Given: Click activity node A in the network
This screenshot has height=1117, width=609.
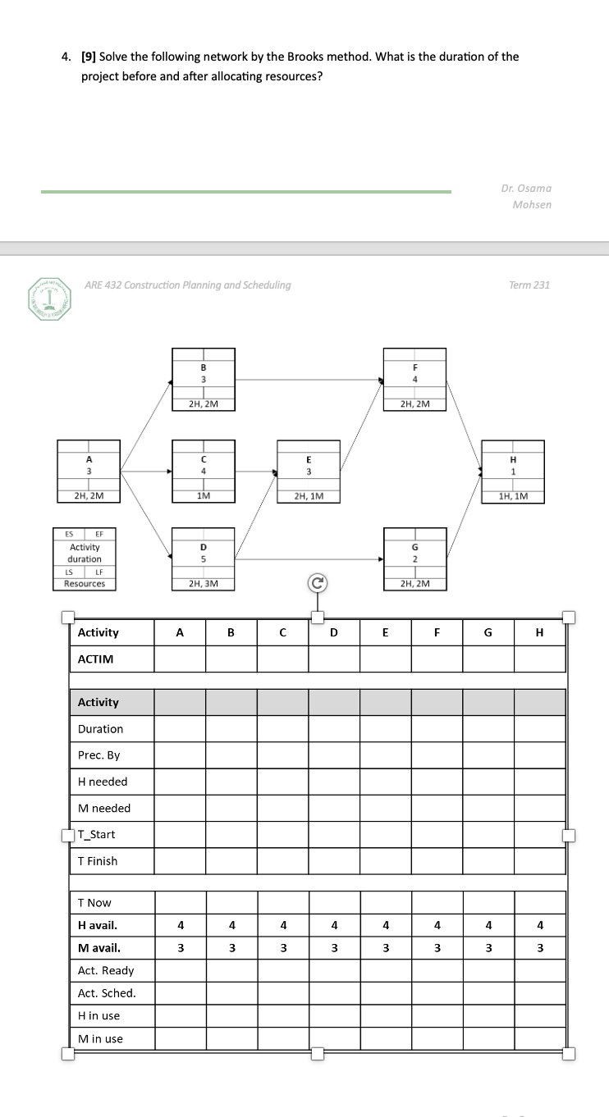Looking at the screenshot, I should [89, 471].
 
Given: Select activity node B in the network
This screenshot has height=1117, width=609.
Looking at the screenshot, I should [204, 379].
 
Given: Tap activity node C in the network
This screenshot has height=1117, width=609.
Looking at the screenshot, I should [204, 471].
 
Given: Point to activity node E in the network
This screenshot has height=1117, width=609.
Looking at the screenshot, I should [308, 471].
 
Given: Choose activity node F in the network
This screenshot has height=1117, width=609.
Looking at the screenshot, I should [415, 379].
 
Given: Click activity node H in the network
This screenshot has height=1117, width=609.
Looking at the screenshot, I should [513, 471].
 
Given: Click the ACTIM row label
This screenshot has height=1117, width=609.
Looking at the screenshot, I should [96, 659].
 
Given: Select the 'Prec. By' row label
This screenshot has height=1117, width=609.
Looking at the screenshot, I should [99, 755].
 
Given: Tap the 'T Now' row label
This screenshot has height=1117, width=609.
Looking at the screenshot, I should [94, 903].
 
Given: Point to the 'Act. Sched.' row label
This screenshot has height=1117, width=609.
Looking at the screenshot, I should [107, 993].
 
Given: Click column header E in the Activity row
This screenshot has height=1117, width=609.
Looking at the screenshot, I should [386, 632].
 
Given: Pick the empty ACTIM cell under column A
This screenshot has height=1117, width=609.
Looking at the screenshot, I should [180, 659].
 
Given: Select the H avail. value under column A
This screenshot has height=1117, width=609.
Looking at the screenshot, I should [180, 925].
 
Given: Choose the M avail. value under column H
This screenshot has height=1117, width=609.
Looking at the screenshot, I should [539, 948].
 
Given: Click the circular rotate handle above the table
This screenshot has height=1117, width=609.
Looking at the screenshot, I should [318, 584].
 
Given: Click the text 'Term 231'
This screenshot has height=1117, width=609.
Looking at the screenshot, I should [529, 285].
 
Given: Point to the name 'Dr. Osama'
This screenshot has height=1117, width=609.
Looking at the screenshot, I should [526, 188].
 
